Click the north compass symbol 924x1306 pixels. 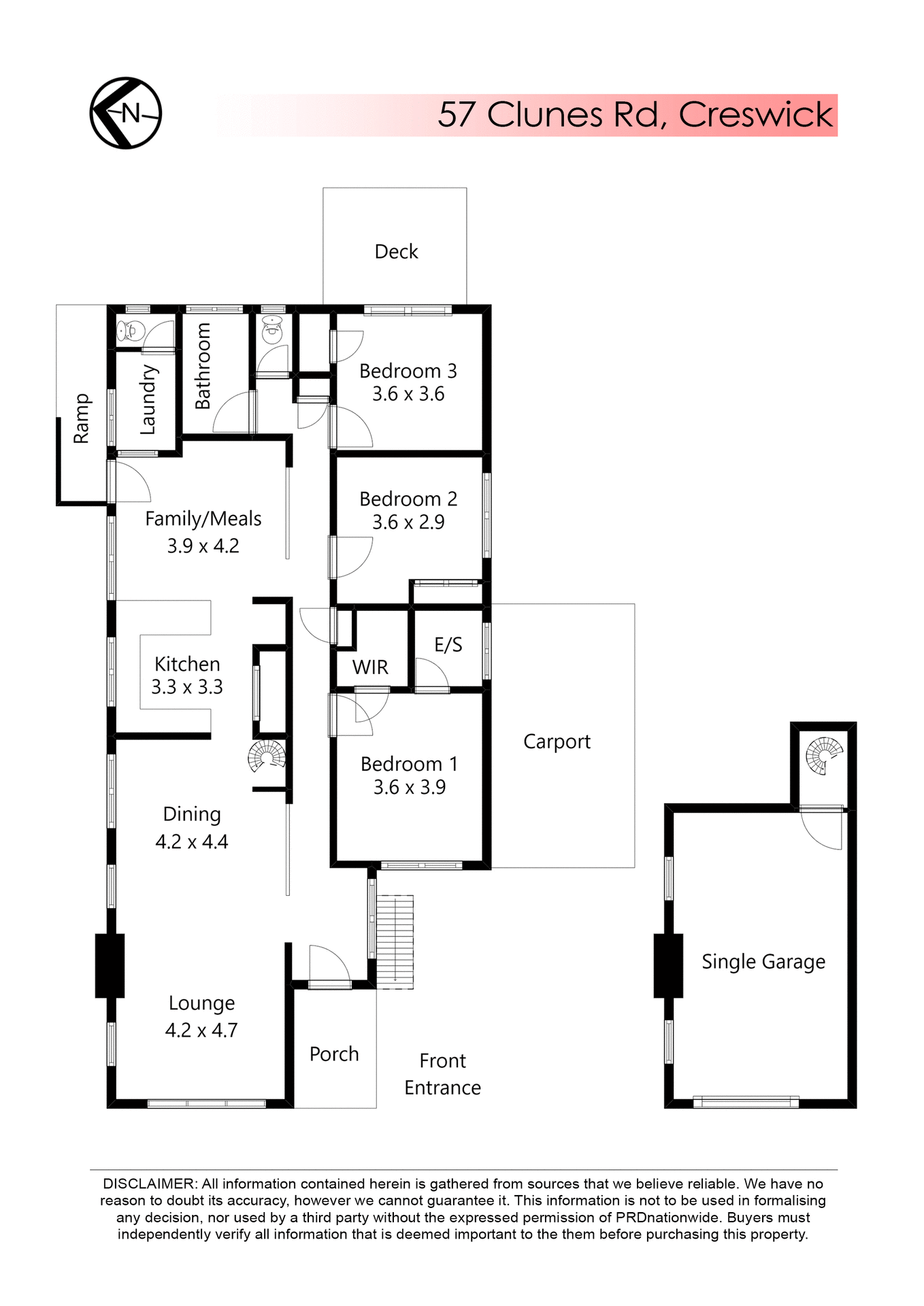pyautogui.click(x=126, y=113)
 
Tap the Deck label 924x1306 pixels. pyautogui.click(x=396, y=252)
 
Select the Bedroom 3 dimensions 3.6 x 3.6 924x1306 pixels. pyautogui.click(x=408, y=394)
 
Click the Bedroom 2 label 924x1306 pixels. pyautogui.click(x=408, y=499)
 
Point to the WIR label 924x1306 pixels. pyautogui.click(x=370, y=667)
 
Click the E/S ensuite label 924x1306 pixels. pyautogui.click(x=448, y=645)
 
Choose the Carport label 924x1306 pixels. pyautogui.click(x=557, y=741)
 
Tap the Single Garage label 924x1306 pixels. pyautogui.click(x=763, y=962)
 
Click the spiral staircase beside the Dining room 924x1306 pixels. pyautogui.click(x=267, y=756)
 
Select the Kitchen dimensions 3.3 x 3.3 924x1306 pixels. pyautogui.click(x=187, y=687)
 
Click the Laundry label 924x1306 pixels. pyautogui.click(x=148, y=400)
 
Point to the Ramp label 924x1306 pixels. pyautogui.click(x=81, y=418)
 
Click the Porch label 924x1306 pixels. pyautogui.click(x=334, y=1054)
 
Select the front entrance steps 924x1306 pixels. pyautogui.click(x=395, y=942)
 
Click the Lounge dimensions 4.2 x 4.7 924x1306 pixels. pyautogui.click(x=201, y=1030)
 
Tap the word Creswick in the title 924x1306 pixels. pyautogui.click(x=755, y=114)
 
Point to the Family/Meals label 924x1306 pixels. pyautogui.click(x=203, y=519)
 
